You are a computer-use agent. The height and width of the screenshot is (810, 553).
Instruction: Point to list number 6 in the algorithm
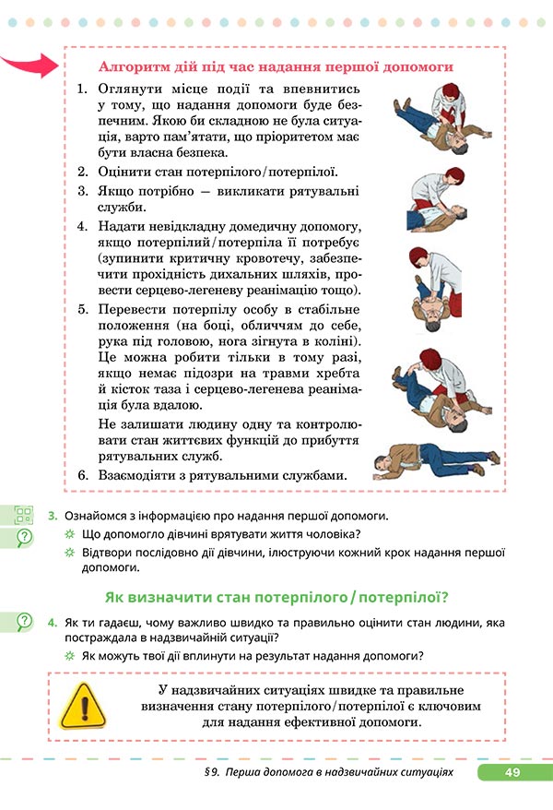pos(81,476)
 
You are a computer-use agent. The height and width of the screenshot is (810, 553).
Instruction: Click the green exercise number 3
pos(54,516)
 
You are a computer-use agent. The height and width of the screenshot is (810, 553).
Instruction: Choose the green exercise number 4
pos(54,623)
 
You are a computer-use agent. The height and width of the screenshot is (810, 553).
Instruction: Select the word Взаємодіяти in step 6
pos(138,476)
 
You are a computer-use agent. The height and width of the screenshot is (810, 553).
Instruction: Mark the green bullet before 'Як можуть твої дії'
pos(69,656)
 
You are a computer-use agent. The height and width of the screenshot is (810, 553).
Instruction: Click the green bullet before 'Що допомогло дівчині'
pos(69,535)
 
